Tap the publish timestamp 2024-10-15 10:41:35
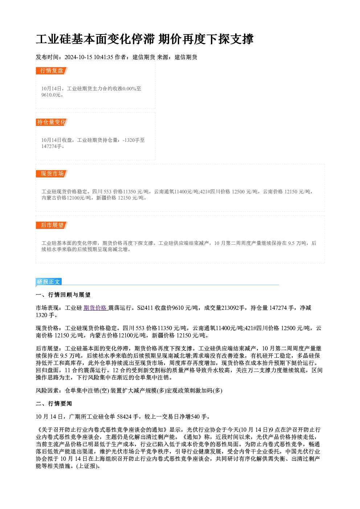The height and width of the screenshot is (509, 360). pyautogui.click(x=89, y=57)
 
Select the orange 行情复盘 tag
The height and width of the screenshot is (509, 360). pyautogui.click(x=52, y=71)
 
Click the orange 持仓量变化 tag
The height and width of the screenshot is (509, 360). pyautogui.click(x=52, y=122)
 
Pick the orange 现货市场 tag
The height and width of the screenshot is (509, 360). pyautogui.click(x=52, y=174)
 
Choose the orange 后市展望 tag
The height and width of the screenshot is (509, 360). pyautogui.click(x=52, y=225)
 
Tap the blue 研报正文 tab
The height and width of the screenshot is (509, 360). pyautogui.click(x=49, y=282)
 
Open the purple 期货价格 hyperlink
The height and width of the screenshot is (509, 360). pyautogui.click(x=95, y=308)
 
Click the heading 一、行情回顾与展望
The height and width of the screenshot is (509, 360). pyautogui.click(x=63, y=295)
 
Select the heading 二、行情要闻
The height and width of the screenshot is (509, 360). pyautogui.click(x=54, y=403)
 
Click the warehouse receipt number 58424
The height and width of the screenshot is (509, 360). pyautogui.click(x=124, y=417)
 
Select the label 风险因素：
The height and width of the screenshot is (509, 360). pyautogui.click(x=50, y=391)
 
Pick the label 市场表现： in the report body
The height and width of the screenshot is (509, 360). pyautogui.click(x=50, y=308)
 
